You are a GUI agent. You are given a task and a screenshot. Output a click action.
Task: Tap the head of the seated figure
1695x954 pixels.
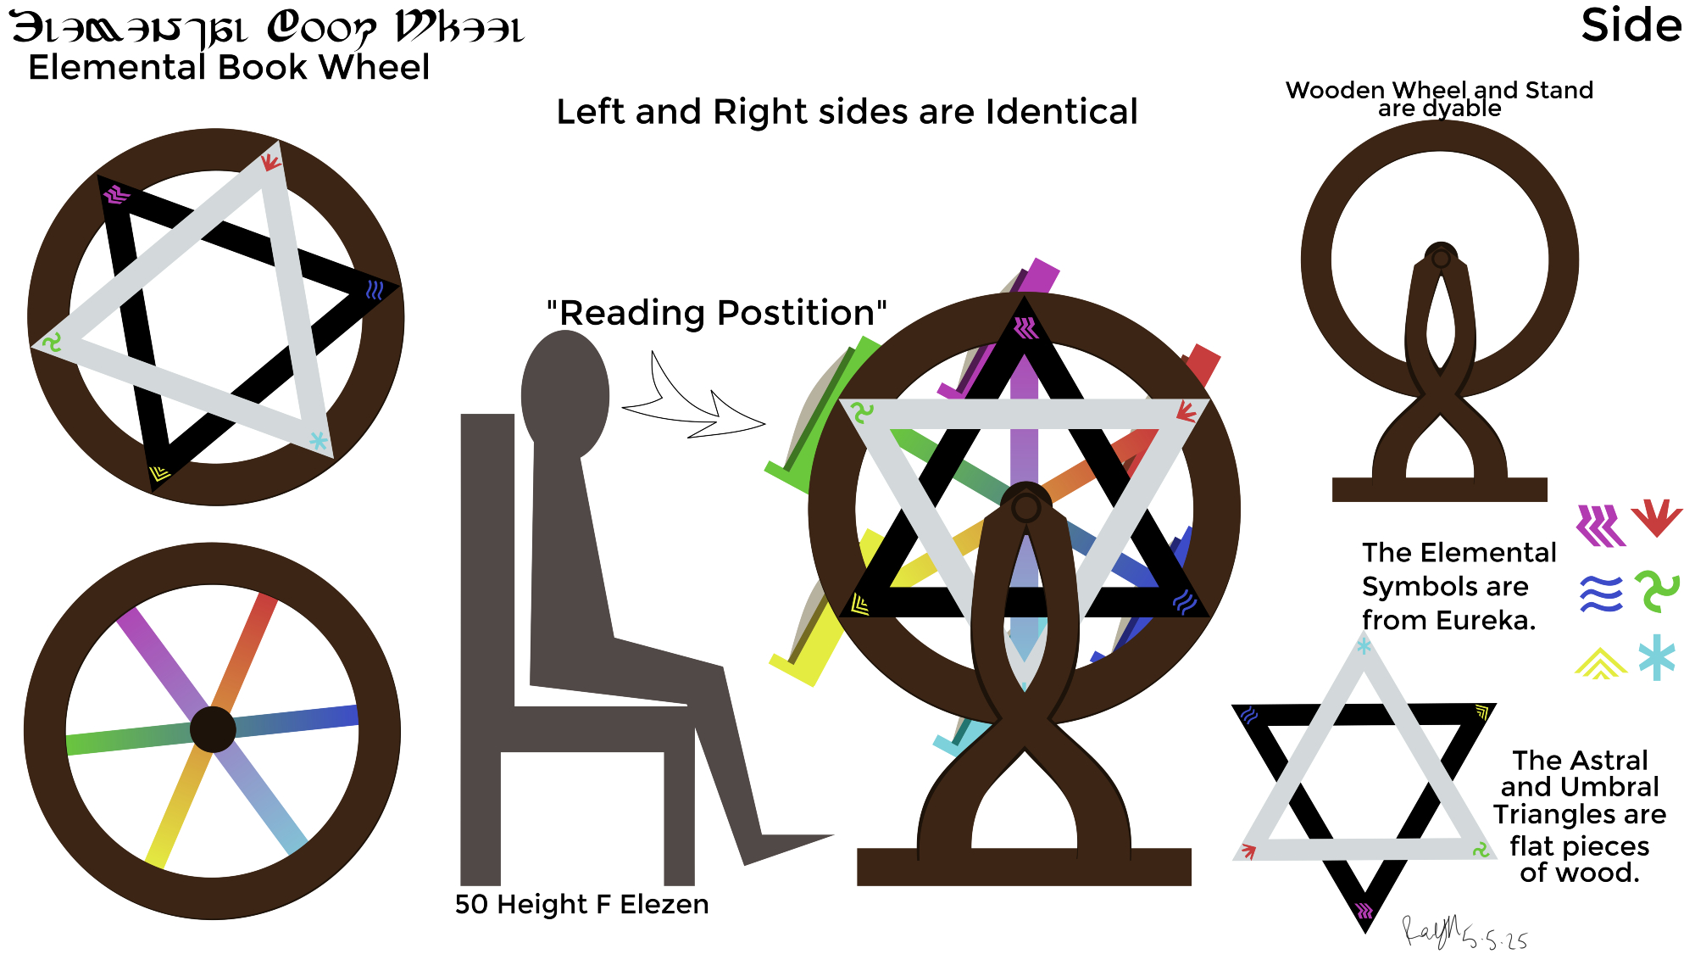(x=564, y=394)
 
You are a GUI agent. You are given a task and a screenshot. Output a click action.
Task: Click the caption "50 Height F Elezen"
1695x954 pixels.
(x=581, y=904)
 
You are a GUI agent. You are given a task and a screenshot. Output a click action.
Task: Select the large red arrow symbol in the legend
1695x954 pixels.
(x=1656, y=517)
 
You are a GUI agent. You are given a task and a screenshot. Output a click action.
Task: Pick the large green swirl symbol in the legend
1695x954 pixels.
(x=1657, y=591)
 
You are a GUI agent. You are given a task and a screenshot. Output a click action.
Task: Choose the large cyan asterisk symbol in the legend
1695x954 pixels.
(x=1657, y=657)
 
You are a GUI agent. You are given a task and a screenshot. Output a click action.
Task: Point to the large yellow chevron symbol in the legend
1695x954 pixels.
(x=1600, y=663)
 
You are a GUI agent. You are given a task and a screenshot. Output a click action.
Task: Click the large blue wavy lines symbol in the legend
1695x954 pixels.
(x=1601, y=594)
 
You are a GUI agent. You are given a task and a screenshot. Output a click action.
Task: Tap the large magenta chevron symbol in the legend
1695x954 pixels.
(x=1600, y=526)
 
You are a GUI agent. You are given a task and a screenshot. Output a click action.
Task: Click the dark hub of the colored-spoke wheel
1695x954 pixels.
(x=213, y=729)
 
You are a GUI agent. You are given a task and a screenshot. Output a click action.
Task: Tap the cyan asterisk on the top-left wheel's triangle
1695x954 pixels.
(x=318, y=441)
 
